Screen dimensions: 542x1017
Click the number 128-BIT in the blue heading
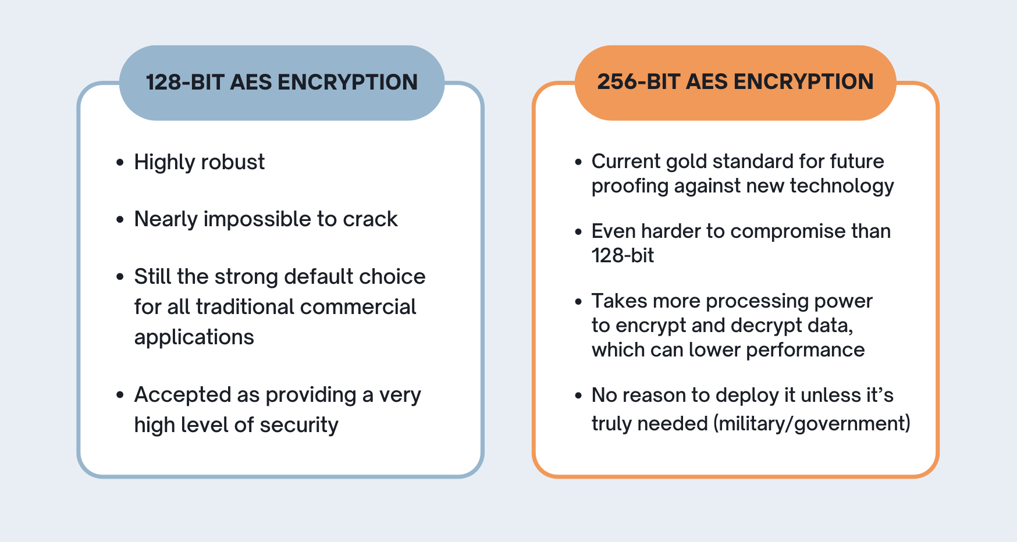[184, 83]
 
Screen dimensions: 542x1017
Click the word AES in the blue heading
[251, 83]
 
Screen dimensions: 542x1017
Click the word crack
[370, 219]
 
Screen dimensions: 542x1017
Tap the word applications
[194, 338]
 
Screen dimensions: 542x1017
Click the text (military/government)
[812, 424]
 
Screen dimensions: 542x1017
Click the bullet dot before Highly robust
[120, 162]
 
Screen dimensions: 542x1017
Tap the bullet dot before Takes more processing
[578, 301]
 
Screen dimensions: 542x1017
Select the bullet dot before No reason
[578, 395]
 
